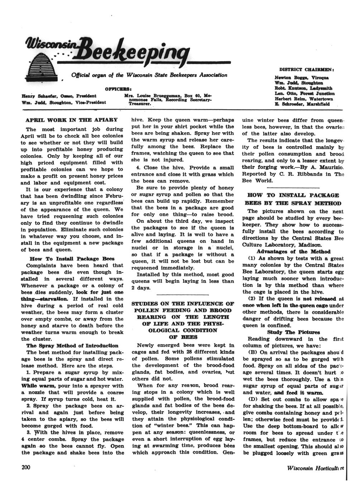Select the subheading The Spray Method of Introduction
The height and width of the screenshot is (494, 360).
tap(72, 345)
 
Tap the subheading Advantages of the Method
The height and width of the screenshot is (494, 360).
tap(293, 252)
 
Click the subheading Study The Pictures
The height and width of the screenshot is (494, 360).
tap(293, 332)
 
